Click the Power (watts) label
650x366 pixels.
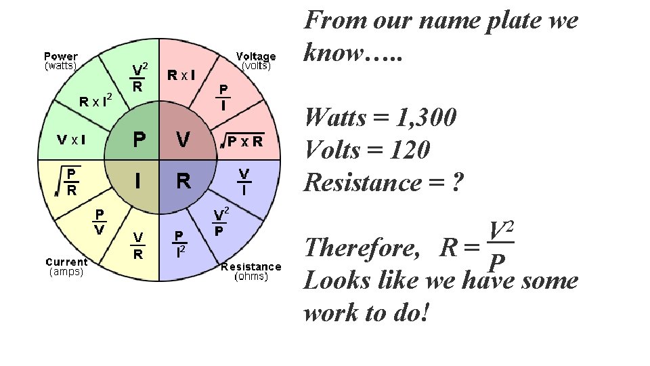(61, 61)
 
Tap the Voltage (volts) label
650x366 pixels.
(255, 61)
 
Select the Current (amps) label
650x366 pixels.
(66, 266)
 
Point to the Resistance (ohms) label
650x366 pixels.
(251, 271)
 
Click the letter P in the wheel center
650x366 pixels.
(139, 140)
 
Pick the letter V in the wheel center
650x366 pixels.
(182, 140)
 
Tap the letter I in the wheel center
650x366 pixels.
(138, 181)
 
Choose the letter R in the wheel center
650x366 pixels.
(183, 181)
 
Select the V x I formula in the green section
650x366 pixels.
(70, 140)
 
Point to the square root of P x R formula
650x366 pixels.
(240, 141)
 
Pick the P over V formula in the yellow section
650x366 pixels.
(99, 222)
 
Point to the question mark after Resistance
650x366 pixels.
(458, 183)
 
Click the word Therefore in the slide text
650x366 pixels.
(363, 248)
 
